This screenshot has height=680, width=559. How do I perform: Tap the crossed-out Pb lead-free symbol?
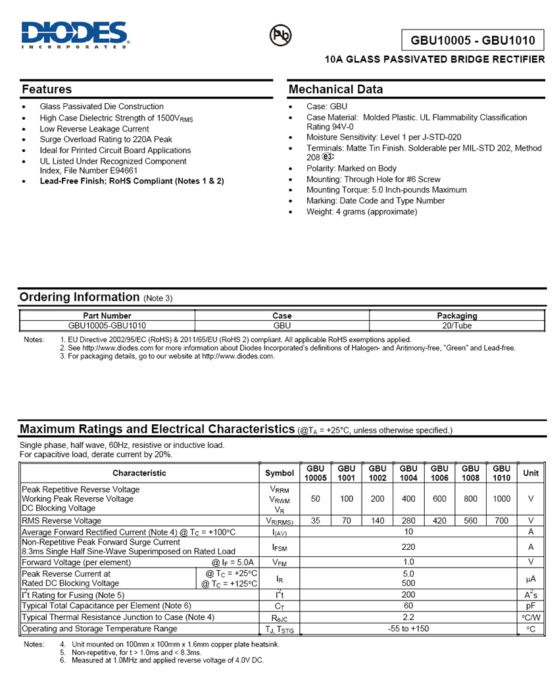(281, 36)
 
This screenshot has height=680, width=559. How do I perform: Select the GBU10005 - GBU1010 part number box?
(474, 40)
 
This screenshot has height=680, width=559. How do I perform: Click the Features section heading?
(47, 89)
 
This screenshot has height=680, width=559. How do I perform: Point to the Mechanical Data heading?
(335, 89)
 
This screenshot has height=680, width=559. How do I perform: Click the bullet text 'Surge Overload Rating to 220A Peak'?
(106, 139)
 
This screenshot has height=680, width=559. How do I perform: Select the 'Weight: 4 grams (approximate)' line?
(362, 212)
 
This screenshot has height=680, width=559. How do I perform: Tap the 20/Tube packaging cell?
(457, 326)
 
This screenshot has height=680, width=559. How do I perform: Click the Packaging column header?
(457, 316)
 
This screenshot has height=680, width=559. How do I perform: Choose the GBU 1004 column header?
(408, 473)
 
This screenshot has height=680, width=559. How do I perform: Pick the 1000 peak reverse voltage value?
(502, 499)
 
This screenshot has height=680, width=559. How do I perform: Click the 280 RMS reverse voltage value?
(408, 520)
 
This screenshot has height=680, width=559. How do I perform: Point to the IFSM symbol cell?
(279, 546)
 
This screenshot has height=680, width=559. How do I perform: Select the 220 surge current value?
(408, 546)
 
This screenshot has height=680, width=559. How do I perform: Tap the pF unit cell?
(531, 606)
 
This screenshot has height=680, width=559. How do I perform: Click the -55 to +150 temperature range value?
(408, 629)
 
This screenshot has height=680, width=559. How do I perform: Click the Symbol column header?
(279, 473)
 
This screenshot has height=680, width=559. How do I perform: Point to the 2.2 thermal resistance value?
(408, 618)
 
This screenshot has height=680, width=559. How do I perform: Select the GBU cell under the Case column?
(282, 326)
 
